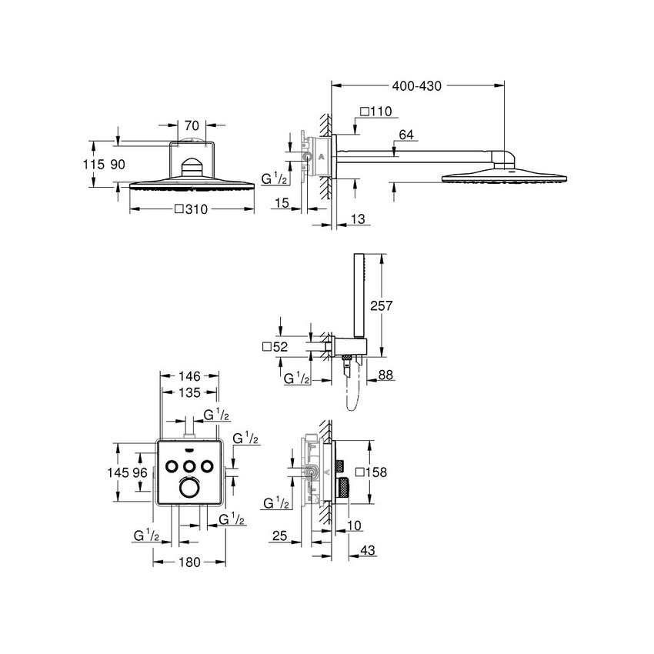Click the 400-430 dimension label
(x=417, y=86)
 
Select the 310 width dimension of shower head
(x=193, y=208)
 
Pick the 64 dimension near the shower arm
(x=406, y=135)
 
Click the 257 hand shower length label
(x=382, y=305)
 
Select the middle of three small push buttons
(x=189, y=465)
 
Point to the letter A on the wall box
(x=322, y=157)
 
